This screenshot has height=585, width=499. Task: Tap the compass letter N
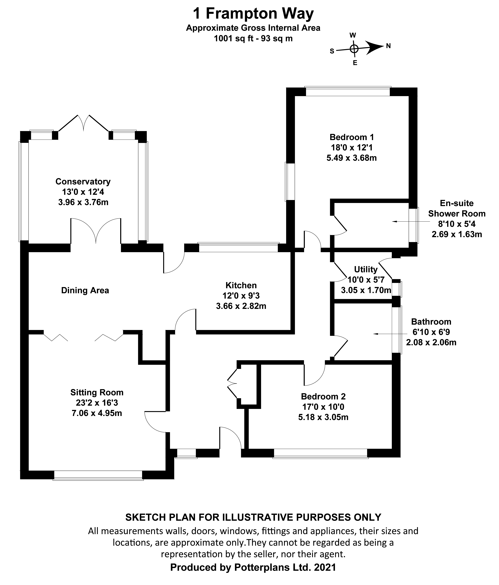tap(388, 46)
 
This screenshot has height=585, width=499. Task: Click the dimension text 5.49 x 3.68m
tap(352, 158)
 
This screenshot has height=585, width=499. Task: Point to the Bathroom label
tap(431, 322)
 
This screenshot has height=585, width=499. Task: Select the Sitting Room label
tap(97, 392)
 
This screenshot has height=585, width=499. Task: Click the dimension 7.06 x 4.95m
tap(97, 413)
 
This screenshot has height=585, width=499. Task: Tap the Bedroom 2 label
tap(323, 396)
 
